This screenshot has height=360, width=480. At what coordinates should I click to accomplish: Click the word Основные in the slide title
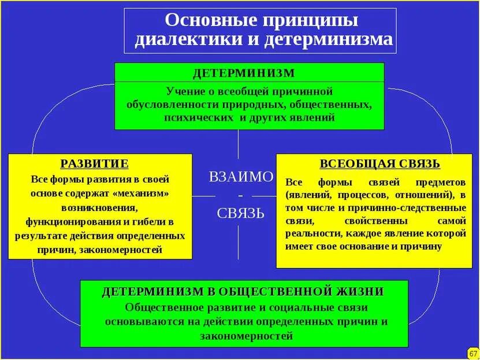(205, 20)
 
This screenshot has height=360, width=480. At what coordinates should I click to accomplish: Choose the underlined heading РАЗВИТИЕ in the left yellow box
(94, 164)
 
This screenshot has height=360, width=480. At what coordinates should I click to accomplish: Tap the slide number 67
(472, 352)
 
